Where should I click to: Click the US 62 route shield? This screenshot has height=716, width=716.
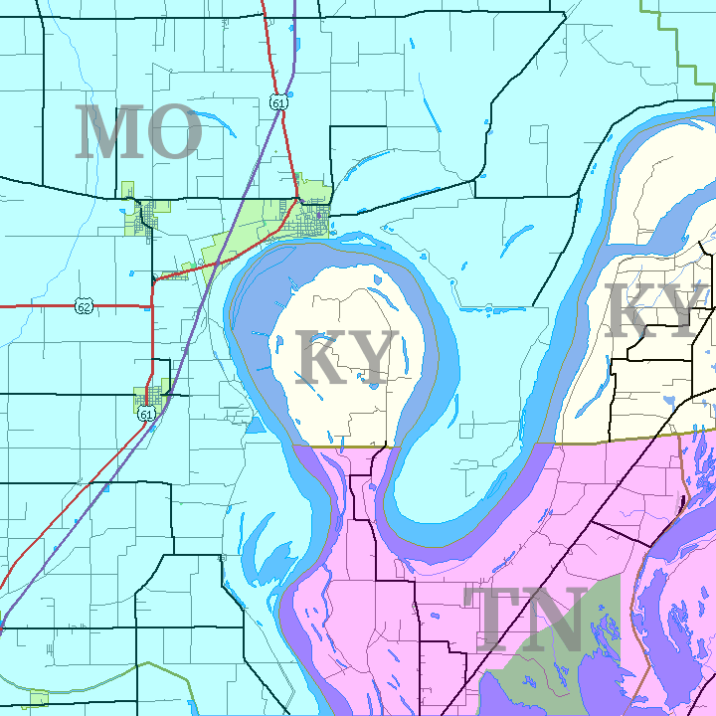(85, 306)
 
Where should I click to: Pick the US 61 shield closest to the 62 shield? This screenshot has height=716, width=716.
(147, 414)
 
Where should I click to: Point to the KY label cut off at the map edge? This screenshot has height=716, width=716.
(656, 310)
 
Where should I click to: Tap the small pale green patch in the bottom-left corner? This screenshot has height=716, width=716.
(39, 698)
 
